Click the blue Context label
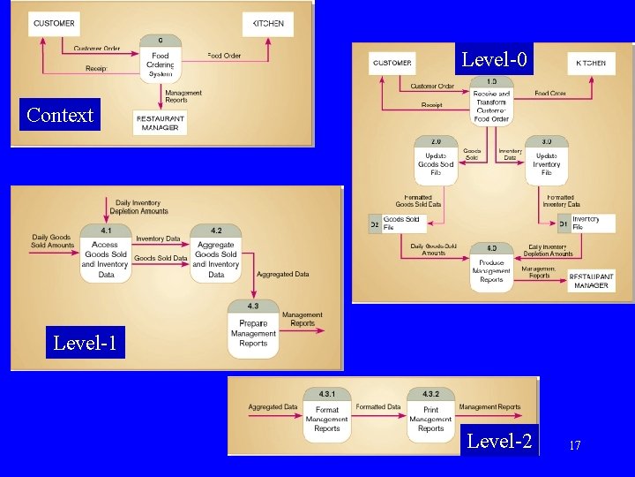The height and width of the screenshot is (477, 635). tap(60, 115)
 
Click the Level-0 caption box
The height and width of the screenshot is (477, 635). tap(495, 60)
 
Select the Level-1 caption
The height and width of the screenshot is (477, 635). tap(84, 342)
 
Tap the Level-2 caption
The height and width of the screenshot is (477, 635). tap(499, 440)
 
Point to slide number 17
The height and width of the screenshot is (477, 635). tap(575, 446)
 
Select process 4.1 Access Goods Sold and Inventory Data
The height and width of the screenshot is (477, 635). tap(106, 254)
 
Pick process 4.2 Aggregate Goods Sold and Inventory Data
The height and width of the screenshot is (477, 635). tap(216, 254)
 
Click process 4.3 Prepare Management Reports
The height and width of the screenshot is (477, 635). tap(253, 329)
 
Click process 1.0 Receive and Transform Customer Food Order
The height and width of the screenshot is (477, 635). tap(491, 102)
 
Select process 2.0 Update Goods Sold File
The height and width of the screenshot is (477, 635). tap(436, 160)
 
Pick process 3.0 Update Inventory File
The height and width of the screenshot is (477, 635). tap(546, 160)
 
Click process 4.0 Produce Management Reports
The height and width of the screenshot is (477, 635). tap(491, 265)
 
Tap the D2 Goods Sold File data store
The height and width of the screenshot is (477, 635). tap(395, 223)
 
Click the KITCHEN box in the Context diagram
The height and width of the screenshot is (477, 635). tap(269, 24)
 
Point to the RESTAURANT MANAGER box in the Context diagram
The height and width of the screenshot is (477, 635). tap(160, 122)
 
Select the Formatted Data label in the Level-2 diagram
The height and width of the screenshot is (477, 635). tap(377, 407)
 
